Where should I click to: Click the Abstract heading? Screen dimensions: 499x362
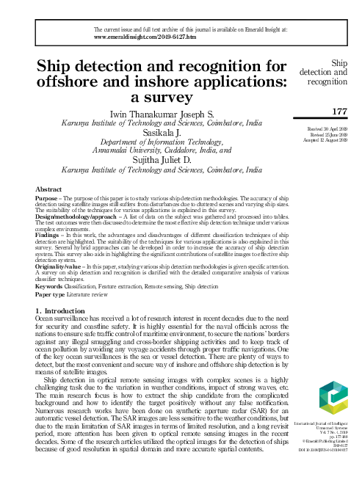(48, 189)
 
